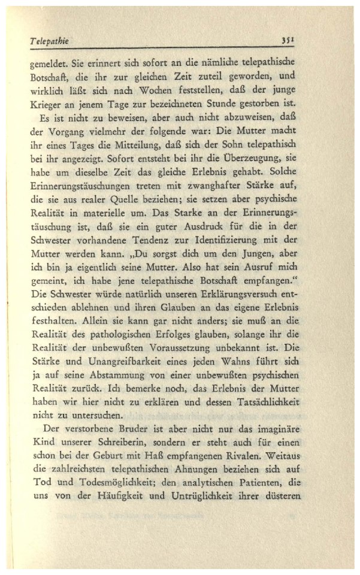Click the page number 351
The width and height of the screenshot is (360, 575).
289,40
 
